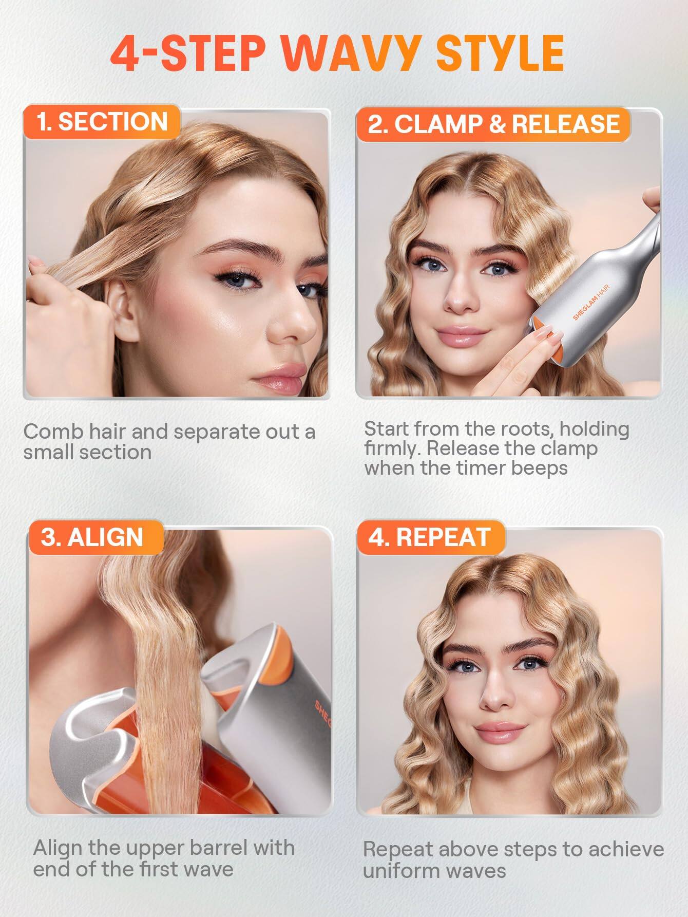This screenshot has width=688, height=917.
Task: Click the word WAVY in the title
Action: (354, 53)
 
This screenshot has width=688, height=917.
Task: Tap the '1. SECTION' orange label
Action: (102, 122)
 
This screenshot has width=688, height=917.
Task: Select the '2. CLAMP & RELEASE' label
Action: (493, 125)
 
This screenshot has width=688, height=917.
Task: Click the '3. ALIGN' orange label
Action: (92, 537)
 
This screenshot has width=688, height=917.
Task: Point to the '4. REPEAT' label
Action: (429, 537)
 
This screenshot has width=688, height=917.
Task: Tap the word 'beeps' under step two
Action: (541, 468)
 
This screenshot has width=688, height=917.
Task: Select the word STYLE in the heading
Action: (500, 53)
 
